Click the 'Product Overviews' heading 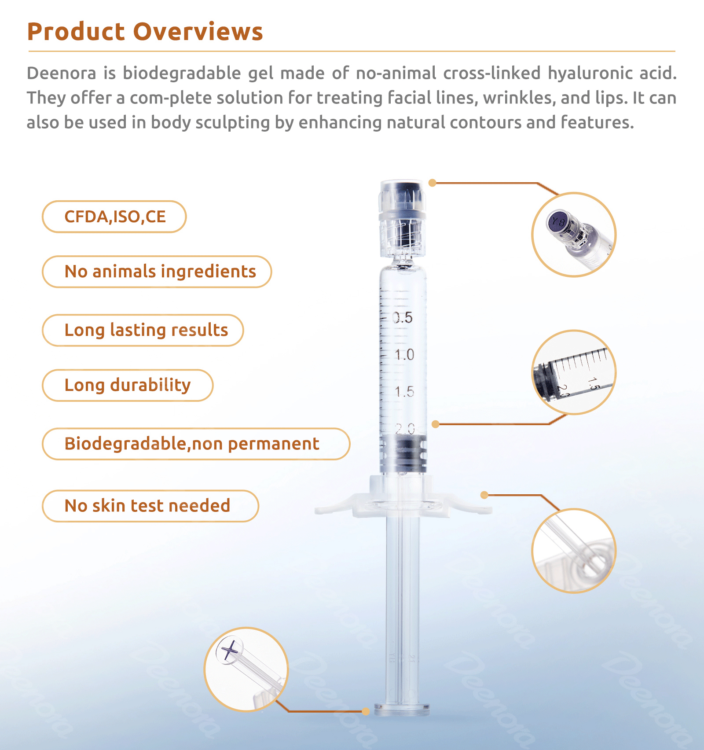pos(145,32)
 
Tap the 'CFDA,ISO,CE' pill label pos(114,217)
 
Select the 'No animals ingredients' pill pos(157,272)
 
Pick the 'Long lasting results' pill pos(143,330)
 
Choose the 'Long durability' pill pos(128,385)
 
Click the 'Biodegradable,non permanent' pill pos(196,444)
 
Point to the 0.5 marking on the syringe pos(403,317)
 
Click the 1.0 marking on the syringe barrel pos(404,354)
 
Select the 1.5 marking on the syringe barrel pos(404,391)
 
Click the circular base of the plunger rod pos(402,709)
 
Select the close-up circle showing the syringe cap pos(574,235)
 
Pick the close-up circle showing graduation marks pos(574,372)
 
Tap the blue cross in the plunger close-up pos(229,651)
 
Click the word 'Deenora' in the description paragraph pos(61,73)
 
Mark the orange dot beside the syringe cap pos(433,183)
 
